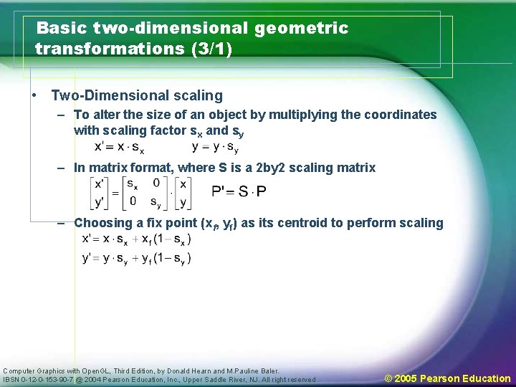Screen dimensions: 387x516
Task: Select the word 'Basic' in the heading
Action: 62,29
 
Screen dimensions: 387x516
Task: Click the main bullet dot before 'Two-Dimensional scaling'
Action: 34,95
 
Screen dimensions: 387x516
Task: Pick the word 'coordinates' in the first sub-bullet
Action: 401,115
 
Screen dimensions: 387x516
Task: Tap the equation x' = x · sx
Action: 120,147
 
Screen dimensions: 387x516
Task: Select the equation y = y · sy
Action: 216,147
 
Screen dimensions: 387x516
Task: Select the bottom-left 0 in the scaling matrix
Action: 133,201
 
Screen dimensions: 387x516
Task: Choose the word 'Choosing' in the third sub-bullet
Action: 101,223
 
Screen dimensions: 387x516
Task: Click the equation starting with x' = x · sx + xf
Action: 137,239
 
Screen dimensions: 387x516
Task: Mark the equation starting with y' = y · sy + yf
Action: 137,258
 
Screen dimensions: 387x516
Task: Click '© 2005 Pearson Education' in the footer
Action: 447,378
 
